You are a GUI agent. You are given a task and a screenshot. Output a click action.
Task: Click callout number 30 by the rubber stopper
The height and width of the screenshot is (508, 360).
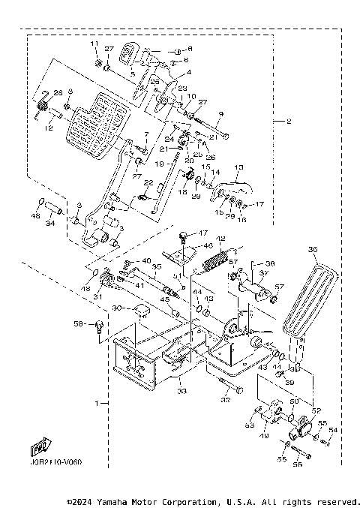click(116, 308)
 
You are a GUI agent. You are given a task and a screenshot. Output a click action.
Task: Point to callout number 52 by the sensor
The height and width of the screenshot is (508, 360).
click(316, 410)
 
